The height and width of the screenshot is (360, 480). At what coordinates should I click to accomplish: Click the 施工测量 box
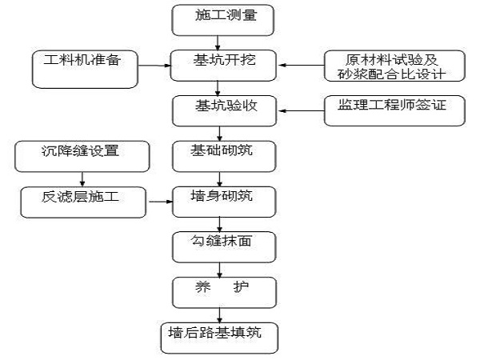point(222,20)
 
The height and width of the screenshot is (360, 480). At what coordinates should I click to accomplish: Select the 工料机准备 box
point(85,70)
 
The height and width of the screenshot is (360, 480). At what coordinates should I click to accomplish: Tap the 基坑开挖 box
point(223,66)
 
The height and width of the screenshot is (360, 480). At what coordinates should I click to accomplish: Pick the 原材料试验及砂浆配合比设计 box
point(394,66)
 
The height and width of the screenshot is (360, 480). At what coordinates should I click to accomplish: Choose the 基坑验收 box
point(224,111)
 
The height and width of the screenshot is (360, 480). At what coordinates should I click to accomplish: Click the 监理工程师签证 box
point(394,111)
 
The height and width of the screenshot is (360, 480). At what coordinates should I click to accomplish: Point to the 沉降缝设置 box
point(82,157)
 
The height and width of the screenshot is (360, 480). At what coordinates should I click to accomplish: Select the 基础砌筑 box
point(224,157)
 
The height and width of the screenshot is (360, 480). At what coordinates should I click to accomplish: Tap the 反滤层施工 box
point(83,202)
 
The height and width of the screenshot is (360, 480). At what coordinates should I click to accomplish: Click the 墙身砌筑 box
point(224,202)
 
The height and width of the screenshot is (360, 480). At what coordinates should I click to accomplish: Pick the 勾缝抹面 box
point(224,247)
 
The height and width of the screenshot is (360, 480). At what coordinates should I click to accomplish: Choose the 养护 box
point(224,293)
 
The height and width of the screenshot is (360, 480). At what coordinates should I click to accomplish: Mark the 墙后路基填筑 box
point(219,338)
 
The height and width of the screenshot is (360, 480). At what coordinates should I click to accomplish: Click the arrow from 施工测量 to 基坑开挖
point(218,43)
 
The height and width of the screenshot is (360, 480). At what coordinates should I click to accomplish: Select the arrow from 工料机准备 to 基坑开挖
point(154,66)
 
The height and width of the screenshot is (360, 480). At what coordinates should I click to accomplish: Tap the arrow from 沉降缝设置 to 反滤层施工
point(82,179)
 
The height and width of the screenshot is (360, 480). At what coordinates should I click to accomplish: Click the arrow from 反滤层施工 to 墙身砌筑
point(161,202)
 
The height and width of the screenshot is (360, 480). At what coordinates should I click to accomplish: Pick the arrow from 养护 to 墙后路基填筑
point(219,315)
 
